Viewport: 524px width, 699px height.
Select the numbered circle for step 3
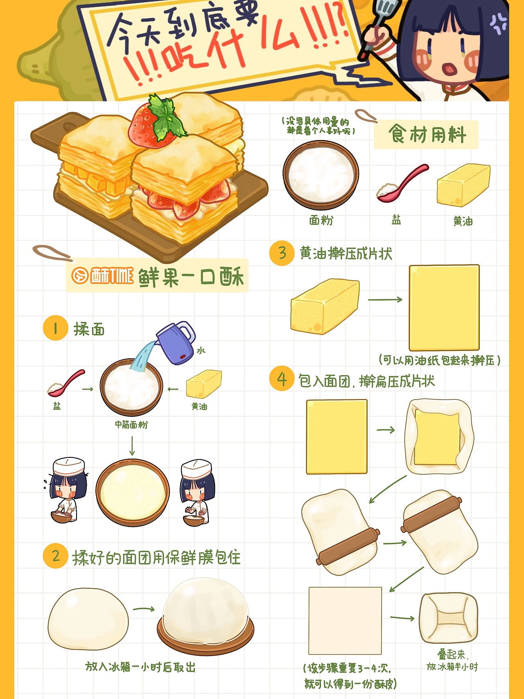[x=282, y=253]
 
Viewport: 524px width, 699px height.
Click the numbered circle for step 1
[x=55, y=328]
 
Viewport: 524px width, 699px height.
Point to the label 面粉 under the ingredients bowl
[x=321, y=220]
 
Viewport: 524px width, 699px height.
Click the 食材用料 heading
[x=427, y=134]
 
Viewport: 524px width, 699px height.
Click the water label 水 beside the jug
[x=201, y=351]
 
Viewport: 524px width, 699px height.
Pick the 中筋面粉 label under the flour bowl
[x=131, y=425]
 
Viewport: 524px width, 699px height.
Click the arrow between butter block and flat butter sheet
[x=385, y=300]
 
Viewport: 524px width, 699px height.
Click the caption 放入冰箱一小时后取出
[x=140, y=667]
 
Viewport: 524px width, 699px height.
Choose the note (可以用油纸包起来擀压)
[x=439, y=360]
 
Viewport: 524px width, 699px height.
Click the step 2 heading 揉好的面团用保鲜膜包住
[x=156, y=558]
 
